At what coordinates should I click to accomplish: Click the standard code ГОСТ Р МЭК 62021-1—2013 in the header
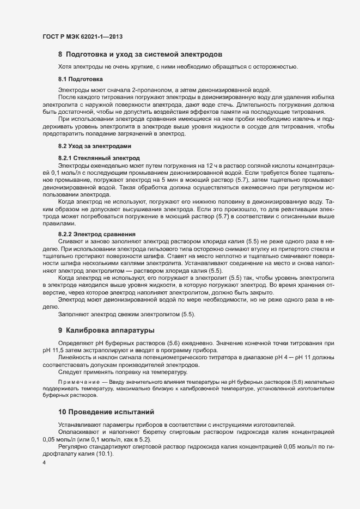(x=82, y=36)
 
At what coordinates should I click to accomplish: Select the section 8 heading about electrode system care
(x=140, y=54)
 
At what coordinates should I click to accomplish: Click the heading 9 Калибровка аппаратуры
(x=106, y=330)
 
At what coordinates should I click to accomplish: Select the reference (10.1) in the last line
(x=103, y=455)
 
